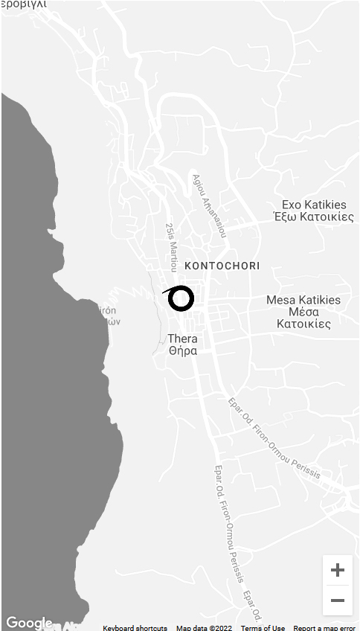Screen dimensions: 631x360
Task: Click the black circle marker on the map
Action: click(181, 298)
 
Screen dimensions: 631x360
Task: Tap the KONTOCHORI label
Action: click(222, 266)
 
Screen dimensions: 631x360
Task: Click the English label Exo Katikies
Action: click(314, 205)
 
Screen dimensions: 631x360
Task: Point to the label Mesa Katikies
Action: click(303, 300)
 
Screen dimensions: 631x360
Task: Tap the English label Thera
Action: click(183, 339)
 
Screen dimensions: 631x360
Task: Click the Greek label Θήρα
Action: click(183, 350)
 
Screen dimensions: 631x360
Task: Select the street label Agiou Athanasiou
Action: click(209, 206)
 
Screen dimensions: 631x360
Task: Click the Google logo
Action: click(29, 623)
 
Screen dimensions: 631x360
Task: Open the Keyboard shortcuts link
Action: click(135, 628)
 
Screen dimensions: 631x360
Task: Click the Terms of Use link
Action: click(263, 628)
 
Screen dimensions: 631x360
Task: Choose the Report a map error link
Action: click(324, 628)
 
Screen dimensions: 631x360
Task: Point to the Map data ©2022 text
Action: click(204, 628)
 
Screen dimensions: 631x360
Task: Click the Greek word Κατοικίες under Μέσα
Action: click(303, 324)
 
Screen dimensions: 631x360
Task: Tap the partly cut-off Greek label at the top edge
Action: click(24, 4)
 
